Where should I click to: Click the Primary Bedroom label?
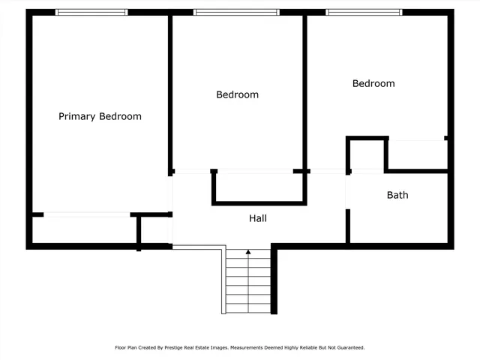tap(100, 116)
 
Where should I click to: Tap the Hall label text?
tap(258, 218)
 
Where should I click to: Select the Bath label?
tap(397, 195)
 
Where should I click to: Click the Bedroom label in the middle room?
tap(237, 94)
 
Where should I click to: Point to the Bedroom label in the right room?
tap(373, 83)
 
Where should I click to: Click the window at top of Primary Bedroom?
tap(91, 12)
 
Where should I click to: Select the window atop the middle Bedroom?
tap(236, 12)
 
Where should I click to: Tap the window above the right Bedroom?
tap(364, 12)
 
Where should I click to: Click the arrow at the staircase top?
tap(248, 253)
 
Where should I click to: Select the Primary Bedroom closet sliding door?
tap(86, 215)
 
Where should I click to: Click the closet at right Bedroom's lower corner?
tap(416, 154)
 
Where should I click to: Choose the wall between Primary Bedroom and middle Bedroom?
tap(169, 94)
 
